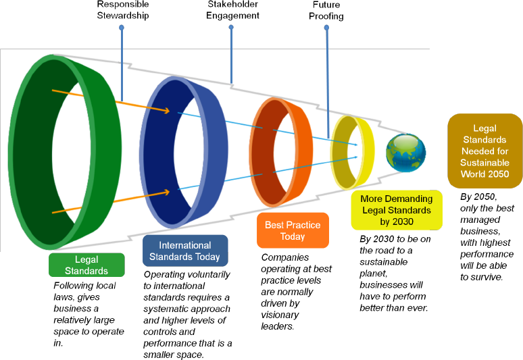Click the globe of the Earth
pyautogui.click(x=406, y=153)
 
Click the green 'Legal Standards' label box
pyautogui.click(x=86, y=265)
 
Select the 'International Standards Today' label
pyautogui.click(x=185, y=251)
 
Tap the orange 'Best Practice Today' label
pyautogui.click(x=293, y=231)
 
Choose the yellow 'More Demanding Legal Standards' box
pyautogui.click(x=397, y=210)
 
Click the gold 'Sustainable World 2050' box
pyautogui.click(x=484, y=151)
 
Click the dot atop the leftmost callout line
pyautogui.click(x=122, y=28)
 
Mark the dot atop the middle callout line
pyautogui.click(x=231, y=28)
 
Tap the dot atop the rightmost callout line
pyautogui.click(x=326, y=28)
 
